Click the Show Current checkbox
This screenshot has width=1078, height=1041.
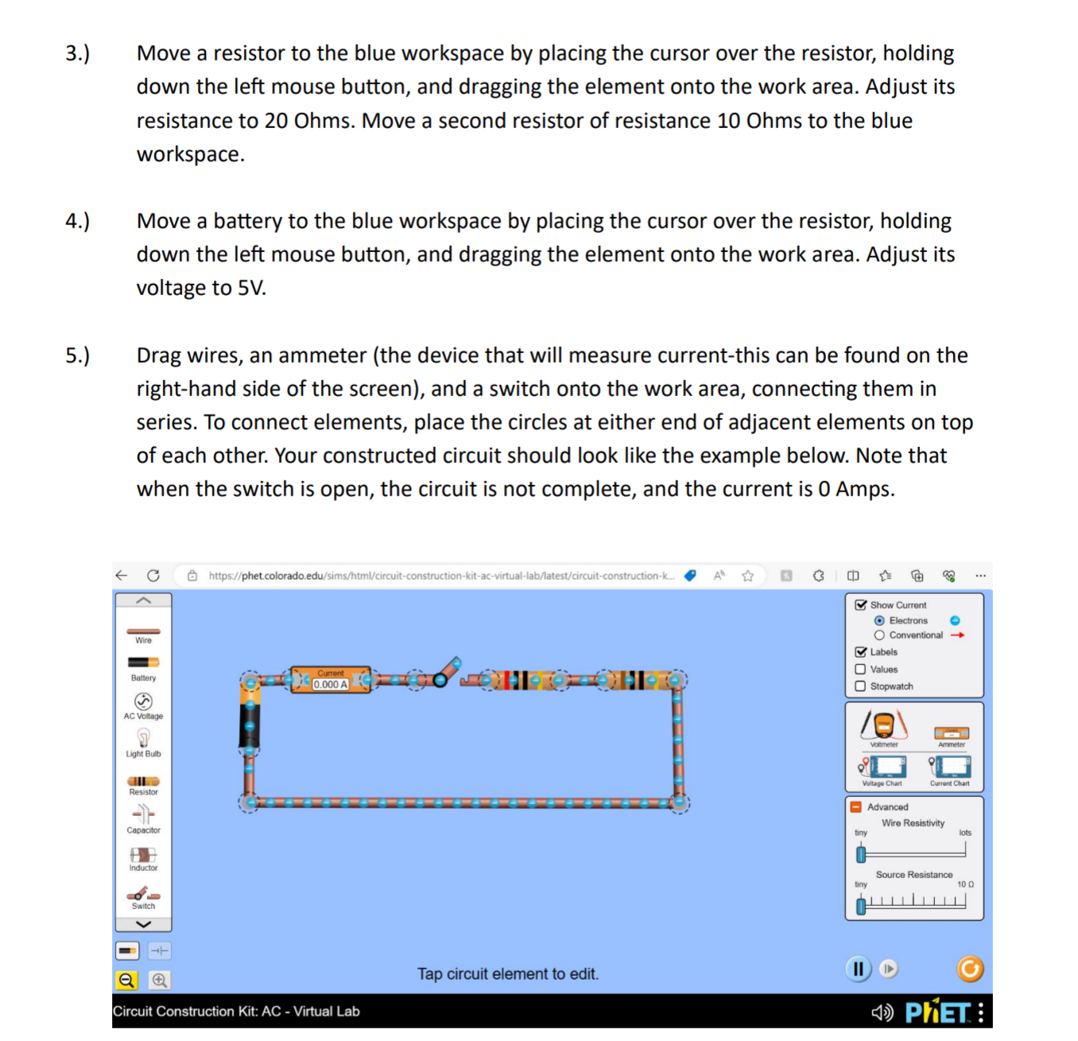[x=860, y=604]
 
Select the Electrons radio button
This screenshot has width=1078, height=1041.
[x=879, y=620]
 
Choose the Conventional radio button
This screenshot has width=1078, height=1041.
[x=879, y=635]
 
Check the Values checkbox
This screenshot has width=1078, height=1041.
[x=860, y=669]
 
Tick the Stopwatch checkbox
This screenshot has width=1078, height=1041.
[x=860, y=686]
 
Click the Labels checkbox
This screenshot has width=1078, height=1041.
[x=860, y=652]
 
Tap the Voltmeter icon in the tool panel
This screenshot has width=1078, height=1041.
[x=883, y=725]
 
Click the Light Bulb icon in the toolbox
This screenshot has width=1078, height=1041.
[x=143, y=737]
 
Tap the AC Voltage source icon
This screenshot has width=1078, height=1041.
[x=143, y=701]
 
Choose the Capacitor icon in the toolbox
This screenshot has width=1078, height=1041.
[x=143, y=814]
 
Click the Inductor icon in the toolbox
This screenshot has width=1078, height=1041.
[x=143, y=854]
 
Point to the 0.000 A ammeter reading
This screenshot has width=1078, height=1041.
[x=331, y=684]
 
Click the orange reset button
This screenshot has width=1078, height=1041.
[x=970, y=969]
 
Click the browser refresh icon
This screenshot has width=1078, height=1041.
[x=153, y=576]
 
